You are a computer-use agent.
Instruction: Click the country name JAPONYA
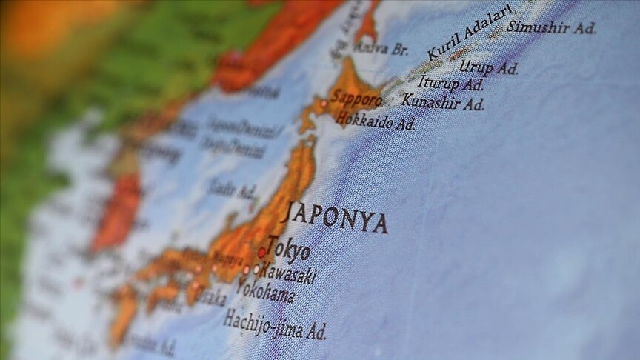335,216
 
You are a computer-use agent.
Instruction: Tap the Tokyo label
289,249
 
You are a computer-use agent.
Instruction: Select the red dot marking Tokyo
261,253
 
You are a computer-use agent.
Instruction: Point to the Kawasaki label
287,273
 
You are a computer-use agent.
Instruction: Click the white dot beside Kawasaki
256,270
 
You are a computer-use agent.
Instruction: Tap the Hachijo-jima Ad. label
274,325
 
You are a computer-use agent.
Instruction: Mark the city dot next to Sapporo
323,103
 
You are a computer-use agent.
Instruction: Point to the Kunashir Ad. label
443,102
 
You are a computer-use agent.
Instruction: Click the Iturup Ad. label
450,84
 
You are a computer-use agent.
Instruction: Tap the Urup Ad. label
488,67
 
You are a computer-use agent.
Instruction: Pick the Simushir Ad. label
551,27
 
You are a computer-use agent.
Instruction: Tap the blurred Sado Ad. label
232,190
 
